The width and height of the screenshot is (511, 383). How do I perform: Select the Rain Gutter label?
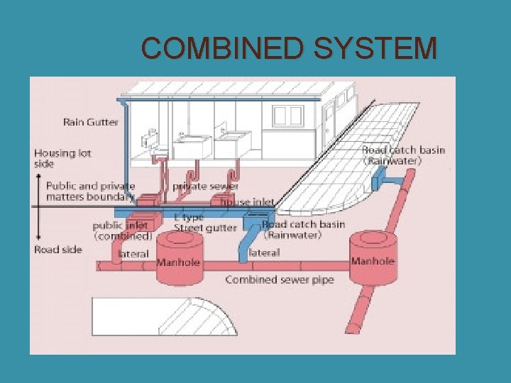tap(91, 122)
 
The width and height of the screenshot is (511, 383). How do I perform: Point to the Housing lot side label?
tap(62, 158)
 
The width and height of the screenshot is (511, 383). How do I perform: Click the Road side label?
tap(58, 249)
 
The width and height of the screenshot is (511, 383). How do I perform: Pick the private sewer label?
tap(206, 187)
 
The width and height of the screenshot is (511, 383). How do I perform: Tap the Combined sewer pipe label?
tap(279, 279)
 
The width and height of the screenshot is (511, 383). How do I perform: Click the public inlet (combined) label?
tap(122, 231)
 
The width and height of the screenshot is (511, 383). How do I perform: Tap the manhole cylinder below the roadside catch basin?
tap(373, 258)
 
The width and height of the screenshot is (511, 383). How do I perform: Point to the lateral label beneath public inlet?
tap(133, 253)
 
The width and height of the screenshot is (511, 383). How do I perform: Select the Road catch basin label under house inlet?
tap(304, 230)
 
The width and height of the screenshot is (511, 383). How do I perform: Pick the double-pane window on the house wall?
tap(288, 116)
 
